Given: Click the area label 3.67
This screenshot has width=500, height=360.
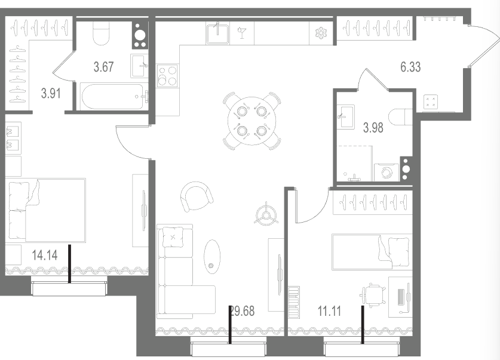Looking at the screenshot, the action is pyautogui.click(x=103, y=67).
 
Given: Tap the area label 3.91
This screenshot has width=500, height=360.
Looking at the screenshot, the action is pyautogui.click(x=51, y=94).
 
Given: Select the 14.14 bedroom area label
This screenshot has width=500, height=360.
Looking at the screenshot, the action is pyautogui.click(x=45, y=255).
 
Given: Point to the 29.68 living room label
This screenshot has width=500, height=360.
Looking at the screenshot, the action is pyautogui.click(x=243, y=311).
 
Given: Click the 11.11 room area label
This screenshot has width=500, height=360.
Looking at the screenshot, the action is pyautogui.click(x=329, y=311).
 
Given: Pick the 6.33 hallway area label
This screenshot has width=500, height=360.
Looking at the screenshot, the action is pyautogui.click(x=410, y=67).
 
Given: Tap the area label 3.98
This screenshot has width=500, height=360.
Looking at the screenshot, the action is pyautogui.click(x=373, y=128).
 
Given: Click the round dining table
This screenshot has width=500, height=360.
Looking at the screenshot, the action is pyautogui.click(x=252, y=121).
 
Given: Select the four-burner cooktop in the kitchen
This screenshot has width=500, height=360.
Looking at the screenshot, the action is pyautogui.click(x=167, y=75).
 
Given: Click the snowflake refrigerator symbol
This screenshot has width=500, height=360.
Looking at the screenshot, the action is pyautogui.click(x=320, y=33).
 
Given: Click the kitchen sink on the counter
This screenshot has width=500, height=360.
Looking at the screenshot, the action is pyautogui.click(x=217, y=33).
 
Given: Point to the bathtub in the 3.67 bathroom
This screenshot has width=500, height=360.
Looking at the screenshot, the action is pyautogui.click(x=114, y=97).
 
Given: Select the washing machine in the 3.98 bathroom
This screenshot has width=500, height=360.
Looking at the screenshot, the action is pyautogui.click(x=386, y=173).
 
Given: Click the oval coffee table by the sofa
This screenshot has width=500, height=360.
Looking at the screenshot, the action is pyautogui.click(x=211, y=257).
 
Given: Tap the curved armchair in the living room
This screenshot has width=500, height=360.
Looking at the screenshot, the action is pyautogui.click(x=197, y=196).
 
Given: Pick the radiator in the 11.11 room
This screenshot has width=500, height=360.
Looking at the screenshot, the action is pyautogui.click(x=294, y=302).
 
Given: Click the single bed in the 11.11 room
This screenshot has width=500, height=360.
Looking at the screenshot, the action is pyautogui.click(x=372, y=252).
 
